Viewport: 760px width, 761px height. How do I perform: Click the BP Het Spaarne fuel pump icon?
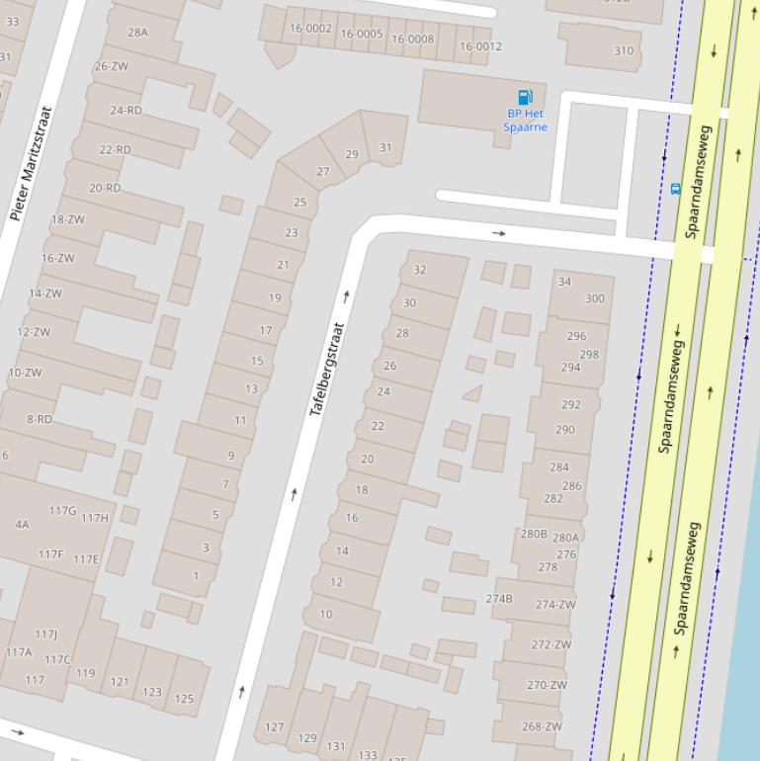(525, 97)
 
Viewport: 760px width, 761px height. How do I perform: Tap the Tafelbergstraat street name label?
(328, 369)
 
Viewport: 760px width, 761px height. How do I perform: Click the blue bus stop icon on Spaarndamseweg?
(675, 189)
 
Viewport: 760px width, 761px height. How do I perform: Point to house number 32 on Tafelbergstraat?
(420, 270)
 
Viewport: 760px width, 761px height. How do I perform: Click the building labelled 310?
(624, 50)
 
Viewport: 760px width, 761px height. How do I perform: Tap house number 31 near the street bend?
(385, 148)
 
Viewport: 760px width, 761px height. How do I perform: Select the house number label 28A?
(137, 32)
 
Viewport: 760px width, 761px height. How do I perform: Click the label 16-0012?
(480, 46)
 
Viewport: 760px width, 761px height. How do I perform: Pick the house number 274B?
(499, 599)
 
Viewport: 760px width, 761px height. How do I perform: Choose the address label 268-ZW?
(542, 726)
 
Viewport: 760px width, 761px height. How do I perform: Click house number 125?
(184, 699)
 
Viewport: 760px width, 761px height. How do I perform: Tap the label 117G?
(62, 511)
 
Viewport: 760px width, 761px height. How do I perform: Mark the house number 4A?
(22, 525)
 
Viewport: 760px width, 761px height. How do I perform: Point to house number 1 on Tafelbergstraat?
(196, 576)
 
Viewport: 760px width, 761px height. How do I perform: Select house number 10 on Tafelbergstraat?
(326, 614)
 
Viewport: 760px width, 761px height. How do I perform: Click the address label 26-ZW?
(112, 66)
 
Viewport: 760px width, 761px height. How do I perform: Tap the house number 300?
(594, 298)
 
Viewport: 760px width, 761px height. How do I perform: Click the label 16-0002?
(310, 29)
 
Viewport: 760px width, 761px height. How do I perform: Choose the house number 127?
(275, 727)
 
